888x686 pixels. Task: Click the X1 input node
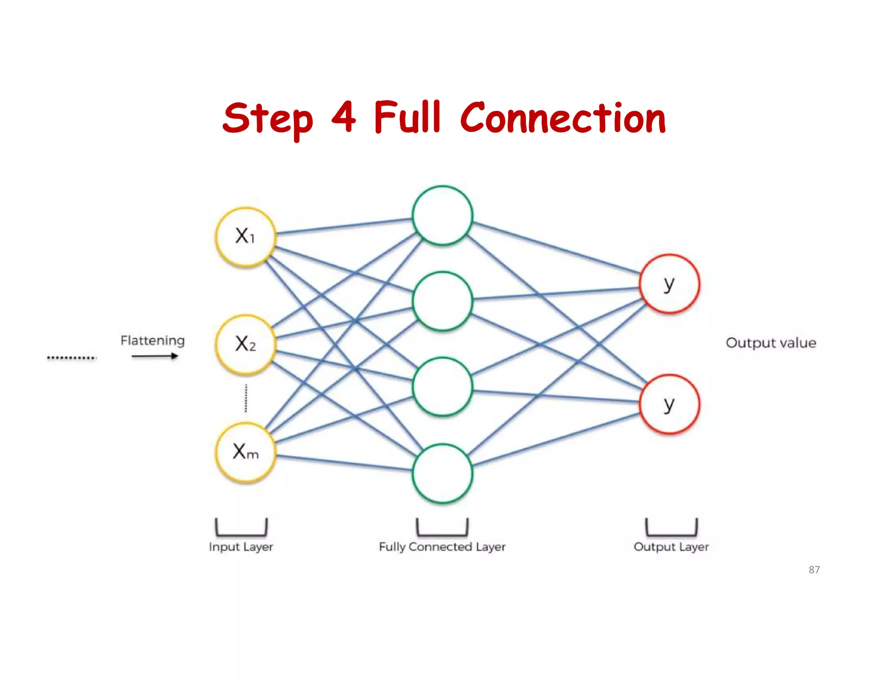pos(246,236)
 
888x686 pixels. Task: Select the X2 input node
pos(246,344)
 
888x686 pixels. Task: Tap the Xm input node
pos(246,452)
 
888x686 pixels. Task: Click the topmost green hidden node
pos(442,216)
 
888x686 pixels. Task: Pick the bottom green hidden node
pos(442,473)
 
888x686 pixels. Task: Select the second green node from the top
pos(442,301)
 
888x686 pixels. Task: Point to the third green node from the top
pos(442,386)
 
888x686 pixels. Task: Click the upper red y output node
pos(669,284)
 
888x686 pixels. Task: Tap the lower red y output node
pos(669,404)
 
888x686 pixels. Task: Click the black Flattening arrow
pos(155,356)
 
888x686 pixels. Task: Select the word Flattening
pos(153,341)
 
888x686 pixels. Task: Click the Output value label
pos(771,343)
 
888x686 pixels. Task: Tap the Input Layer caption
pos(241,547)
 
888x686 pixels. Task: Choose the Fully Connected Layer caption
pos(442,547)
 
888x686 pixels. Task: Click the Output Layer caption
pos(671,547)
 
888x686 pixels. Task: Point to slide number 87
pos(814,570)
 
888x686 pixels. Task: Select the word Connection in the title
pos(563,118)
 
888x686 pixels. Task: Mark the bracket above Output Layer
pos(671,528)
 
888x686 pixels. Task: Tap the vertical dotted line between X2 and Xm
pos(246,398)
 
